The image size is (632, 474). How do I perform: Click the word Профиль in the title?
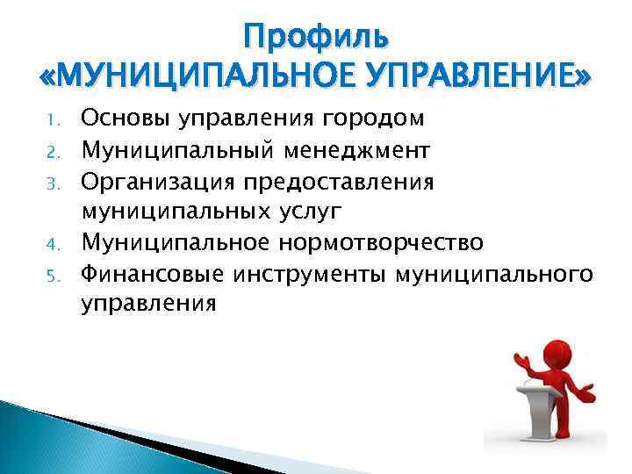(316, 38)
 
